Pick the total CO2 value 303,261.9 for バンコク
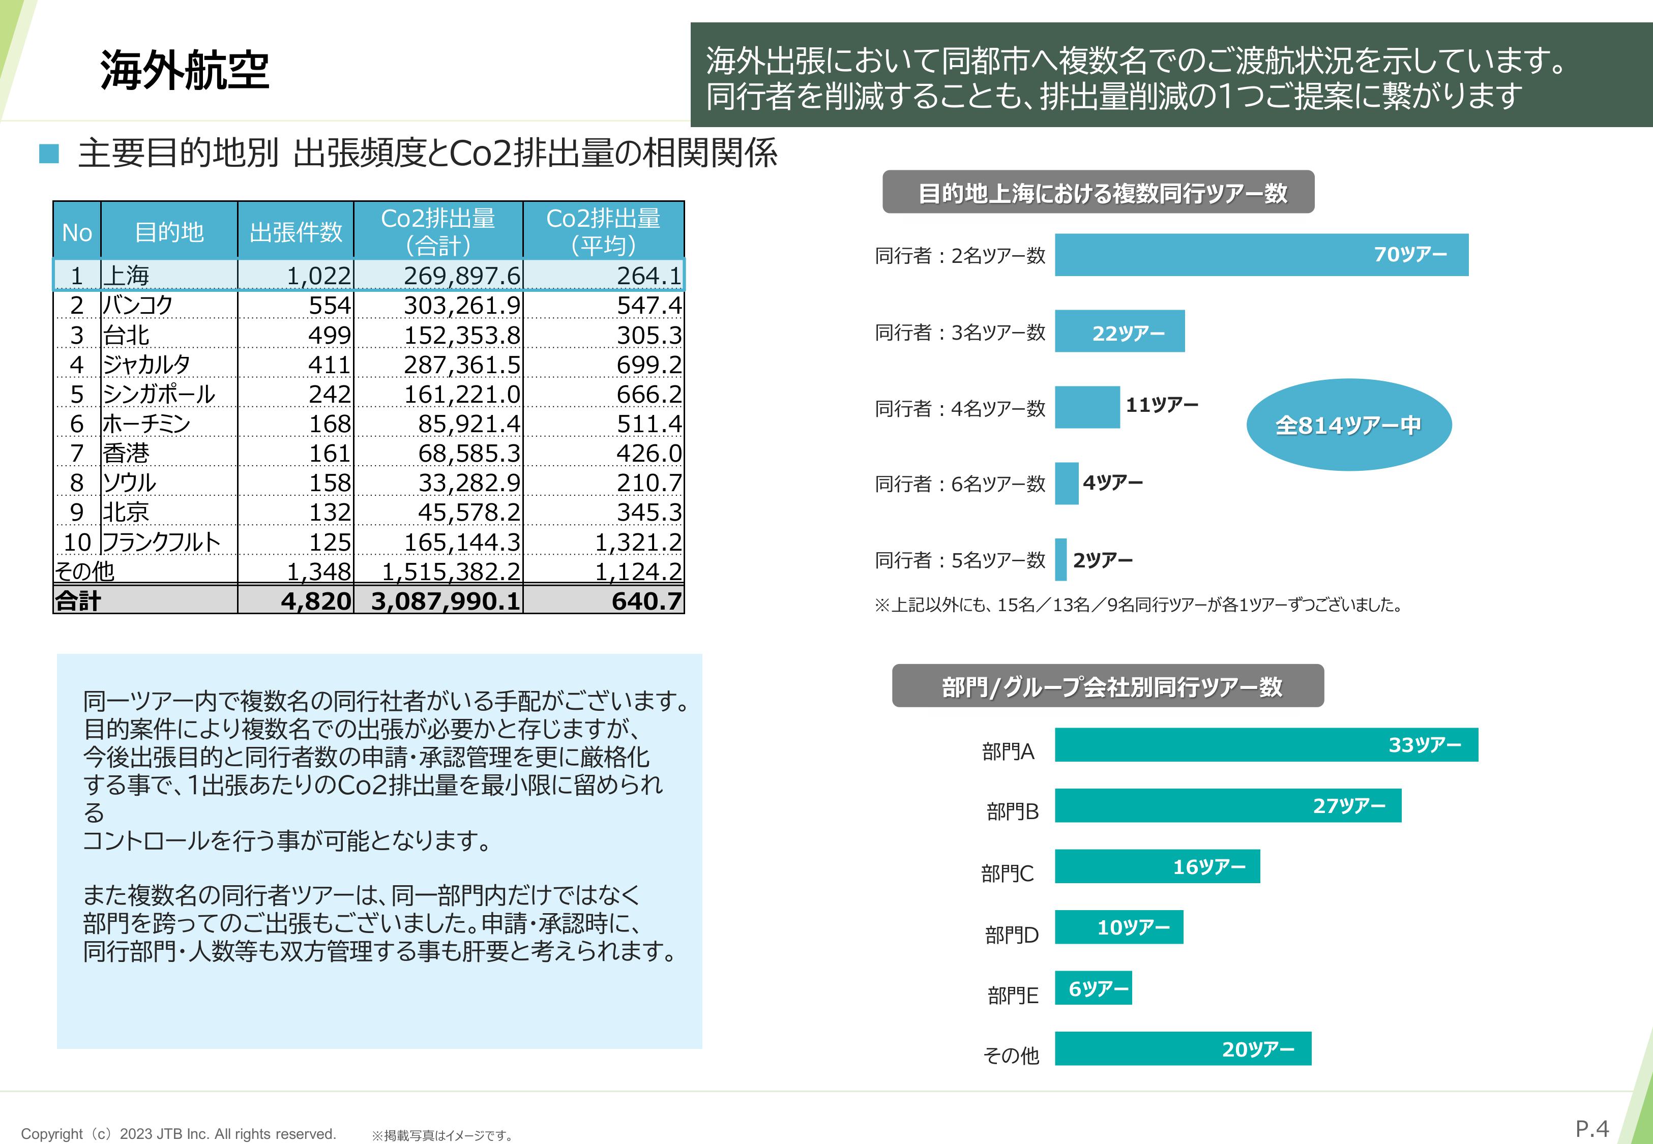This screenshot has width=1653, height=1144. point(462,306)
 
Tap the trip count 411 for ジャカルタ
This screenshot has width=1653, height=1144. point(329,365)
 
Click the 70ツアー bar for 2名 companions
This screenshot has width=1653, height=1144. point(1261,254)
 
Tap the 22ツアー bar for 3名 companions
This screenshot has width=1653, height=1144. point(1119,331)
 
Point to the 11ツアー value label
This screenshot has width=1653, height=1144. point(1161,405)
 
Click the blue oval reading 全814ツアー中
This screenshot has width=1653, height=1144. point(1348,425)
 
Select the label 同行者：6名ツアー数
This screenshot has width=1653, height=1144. point(960,484)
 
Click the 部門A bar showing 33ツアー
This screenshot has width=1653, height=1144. point(1266,745)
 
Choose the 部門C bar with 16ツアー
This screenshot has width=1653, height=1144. point(1157,866)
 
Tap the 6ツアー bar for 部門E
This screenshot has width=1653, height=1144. point(1093,988)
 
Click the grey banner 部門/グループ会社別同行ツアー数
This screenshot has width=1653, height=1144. point(1107,686)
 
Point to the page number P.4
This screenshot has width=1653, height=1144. point(1592,1129)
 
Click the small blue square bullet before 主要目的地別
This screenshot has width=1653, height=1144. point(49,154)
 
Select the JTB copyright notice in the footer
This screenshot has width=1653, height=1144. point(179,1134)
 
